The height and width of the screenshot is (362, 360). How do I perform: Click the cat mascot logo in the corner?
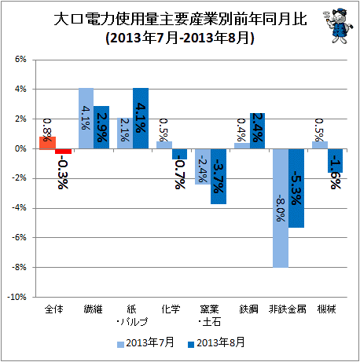point(338,26)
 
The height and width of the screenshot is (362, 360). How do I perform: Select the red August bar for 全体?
point(63,152)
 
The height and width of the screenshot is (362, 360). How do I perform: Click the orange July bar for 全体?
point(47,143)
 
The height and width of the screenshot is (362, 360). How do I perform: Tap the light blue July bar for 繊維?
point(86,119)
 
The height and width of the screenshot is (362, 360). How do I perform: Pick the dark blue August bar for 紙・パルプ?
point(141,119)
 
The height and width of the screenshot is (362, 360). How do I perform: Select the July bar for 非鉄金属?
point(281,208)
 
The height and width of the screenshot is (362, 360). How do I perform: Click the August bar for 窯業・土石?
point(219,177)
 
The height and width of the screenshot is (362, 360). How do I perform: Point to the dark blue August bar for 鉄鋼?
point(257,131)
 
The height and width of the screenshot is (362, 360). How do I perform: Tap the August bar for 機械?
point(335,161)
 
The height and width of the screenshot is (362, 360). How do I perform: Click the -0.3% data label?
point(63,172)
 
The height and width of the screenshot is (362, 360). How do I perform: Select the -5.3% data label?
point(296,188)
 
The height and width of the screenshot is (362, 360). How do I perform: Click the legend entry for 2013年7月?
point(145,342)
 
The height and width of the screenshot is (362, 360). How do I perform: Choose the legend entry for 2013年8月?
point(216,342)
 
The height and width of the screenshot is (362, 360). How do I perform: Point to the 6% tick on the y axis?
point(20,60)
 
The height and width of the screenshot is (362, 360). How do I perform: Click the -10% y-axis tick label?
point(17,297)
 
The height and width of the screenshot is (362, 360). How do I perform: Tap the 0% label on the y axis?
point(20,148)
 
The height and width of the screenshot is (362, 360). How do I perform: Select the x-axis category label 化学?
point(171,309)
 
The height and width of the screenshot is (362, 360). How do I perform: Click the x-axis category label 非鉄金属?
point(288,309)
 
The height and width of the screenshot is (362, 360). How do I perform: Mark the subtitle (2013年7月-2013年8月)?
point(180,38)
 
